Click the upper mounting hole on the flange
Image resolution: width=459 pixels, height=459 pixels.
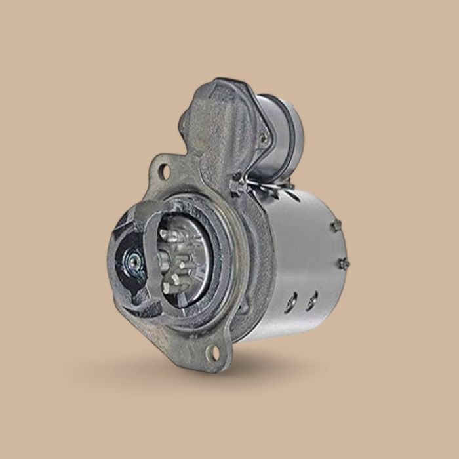pyautogui.click(x=164, y=172)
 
